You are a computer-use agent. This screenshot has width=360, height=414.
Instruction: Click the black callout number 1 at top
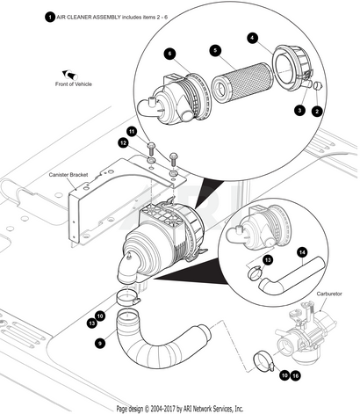[x=50, y=18]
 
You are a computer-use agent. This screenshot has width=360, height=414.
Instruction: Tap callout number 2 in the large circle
[x=317, y=112]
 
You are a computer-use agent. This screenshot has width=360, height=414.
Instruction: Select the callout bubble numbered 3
[x=299, y=111]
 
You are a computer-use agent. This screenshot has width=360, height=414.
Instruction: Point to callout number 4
[x=252, y=38]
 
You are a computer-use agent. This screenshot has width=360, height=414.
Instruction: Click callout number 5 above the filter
[x=215, y=50]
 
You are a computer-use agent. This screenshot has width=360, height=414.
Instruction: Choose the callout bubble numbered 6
[x=169, y=54]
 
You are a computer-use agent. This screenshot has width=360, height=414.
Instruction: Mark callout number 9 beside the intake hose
[x=100, y=343]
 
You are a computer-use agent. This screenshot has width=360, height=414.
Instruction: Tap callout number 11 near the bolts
[x=132, y=132]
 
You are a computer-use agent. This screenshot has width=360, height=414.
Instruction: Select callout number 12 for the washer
[x=123, y=143]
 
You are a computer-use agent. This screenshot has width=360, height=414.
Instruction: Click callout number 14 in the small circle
[x=302, y=252]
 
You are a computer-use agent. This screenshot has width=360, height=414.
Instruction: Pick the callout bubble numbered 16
[x=296, y=375]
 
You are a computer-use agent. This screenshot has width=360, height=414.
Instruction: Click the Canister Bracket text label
[x=68, y=175]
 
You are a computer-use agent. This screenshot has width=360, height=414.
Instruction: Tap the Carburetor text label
[x=329, y=294]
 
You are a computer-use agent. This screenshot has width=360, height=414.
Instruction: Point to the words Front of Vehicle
[x=74, y=84]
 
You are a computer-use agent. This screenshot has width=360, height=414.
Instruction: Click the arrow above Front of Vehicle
[x=69, y=75]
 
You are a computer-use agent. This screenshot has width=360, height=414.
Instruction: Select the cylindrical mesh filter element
[x=242, y=83]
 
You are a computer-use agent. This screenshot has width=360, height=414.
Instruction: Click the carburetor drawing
[x=306, y=334]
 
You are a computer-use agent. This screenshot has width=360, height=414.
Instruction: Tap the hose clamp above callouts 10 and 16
[x=263, y=361]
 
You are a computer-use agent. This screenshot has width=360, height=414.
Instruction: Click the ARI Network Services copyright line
[x=180, y=409]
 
